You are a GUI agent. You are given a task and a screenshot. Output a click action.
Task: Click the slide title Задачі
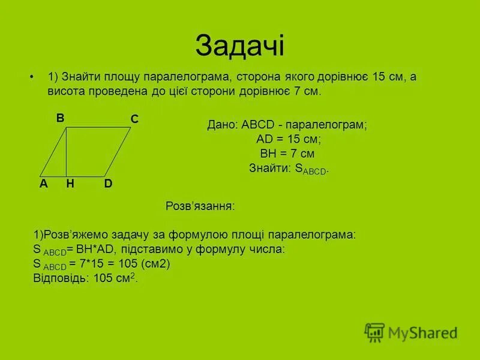pos(239,47)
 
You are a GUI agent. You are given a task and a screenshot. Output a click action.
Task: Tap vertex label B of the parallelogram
pos(60,118)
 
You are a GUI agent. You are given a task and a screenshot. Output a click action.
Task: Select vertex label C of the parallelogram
pos(134,120)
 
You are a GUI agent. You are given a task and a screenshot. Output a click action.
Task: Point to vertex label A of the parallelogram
pos(43,184)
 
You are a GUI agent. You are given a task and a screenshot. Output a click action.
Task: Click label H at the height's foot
pos(70,184)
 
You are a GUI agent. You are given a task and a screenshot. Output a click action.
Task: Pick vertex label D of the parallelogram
pos(108,184)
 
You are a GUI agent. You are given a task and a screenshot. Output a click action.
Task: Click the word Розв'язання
pos(200,206)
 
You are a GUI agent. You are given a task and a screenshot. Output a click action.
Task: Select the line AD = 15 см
pos(288,139)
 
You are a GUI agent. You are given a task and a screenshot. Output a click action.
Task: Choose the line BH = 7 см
pos(287,154)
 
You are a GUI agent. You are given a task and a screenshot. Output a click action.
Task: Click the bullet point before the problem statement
pos(32,77)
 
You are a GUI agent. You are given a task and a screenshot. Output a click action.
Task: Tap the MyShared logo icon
pos(374,332)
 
